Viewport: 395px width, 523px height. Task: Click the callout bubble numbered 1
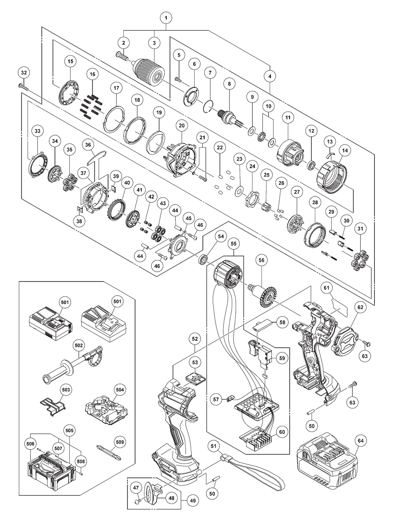click(x=166, y=18)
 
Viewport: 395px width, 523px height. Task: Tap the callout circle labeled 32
click(x=24, y=72)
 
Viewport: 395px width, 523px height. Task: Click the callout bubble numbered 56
click(x=261, y=260)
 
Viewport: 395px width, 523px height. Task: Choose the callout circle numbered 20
click(x=182, y=126)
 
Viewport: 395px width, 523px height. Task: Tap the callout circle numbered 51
click(x=214, y=446)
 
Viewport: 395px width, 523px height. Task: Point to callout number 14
click(x=345, y=151)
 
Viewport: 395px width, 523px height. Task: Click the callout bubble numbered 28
click(x=315, y=202)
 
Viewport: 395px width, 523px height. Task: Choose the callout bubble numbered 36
click(x=88, y=145)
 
